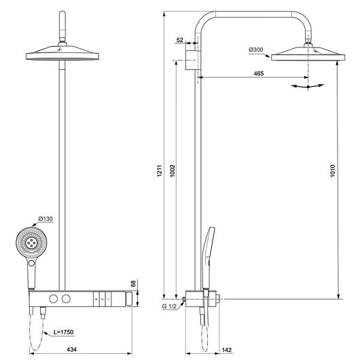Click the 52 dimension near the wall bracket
180,41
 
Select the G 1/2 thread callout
170,307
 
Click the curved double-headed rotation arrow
307,86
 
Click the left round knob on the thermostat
52,299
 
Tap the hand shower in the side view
208,255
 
